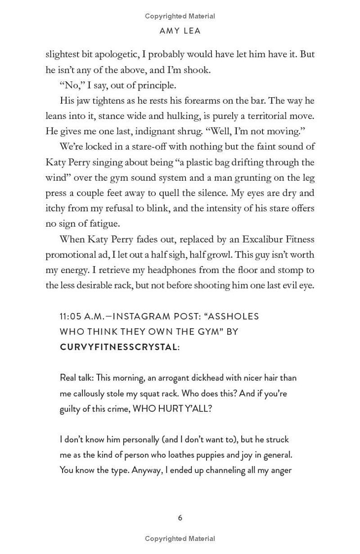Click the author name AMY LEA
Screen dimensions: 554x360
point(180,31)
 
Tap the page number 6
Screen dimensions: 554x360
point(180,518)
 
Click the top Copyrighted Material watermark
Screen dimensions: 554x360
point(180,16)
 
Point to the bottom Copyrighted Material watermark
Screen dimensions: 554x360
point(180,539)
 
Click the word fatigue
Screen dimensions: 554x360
point(104,223)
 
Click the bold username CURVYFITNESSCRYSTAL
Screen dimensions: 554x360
point(118,347)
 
